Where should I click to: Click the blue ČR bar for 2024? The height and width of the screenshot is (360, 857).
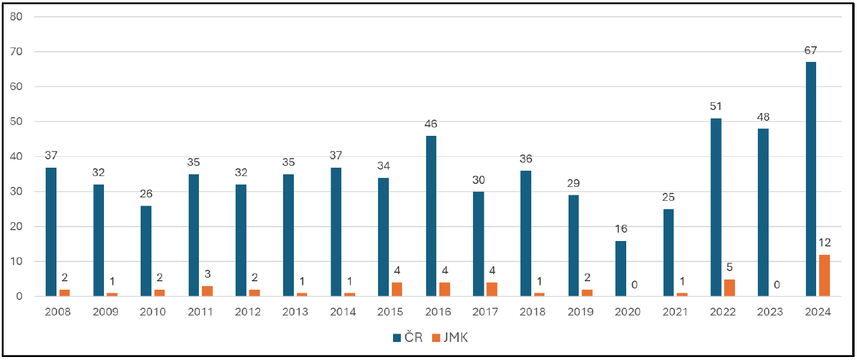point(811,179)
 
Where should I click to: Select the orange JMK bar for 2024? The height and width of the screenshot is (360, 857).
point(825,275)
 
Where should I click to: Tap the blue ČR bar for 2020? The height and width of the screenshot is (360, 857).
point(621,269)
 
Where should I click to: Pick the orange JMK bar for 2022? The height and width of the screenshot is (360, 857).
point(729,288)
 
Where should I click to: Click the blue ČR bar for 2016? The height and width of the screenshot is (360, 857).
point(431,216)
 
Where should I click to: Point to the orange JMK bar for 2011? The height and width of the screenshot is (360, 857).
point(207,291)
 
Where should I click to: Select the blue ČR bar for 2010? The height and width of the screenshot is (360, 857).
point(146,251)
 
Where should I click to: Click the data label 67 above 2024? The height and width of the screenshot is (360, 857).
point(811,50)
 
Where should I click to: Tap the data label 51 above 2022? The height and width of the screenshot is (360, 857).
point(716,106)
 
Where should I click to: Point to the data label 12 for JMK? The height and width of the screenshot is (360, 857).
point(825,243)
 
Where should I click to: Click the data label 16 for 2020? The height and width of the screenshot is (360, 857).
point(621,229)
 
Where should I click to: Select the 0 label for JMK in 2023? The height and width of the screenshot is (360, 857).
point(776,285)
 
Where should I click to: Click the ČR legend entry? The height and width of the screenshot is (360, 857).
point(408,337)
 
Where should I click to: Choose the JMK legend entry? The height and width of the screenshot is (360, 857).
point(450,337)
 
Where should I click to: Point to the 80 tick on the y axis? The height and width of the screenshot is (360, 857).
point(16,16)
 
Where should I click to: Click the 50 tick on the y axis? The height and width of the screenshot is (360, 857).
point(16,121)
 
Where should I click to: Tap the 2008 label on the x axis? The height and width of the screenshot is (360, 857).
point(58,312)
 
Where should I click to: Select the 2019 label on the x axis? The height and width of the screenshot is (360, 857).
point(581,312)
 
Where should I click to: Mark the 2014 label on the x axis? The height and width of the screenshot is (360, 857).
point(343,312)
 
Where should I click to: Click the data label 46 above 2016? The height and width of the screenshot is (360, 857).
point(431,124)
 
